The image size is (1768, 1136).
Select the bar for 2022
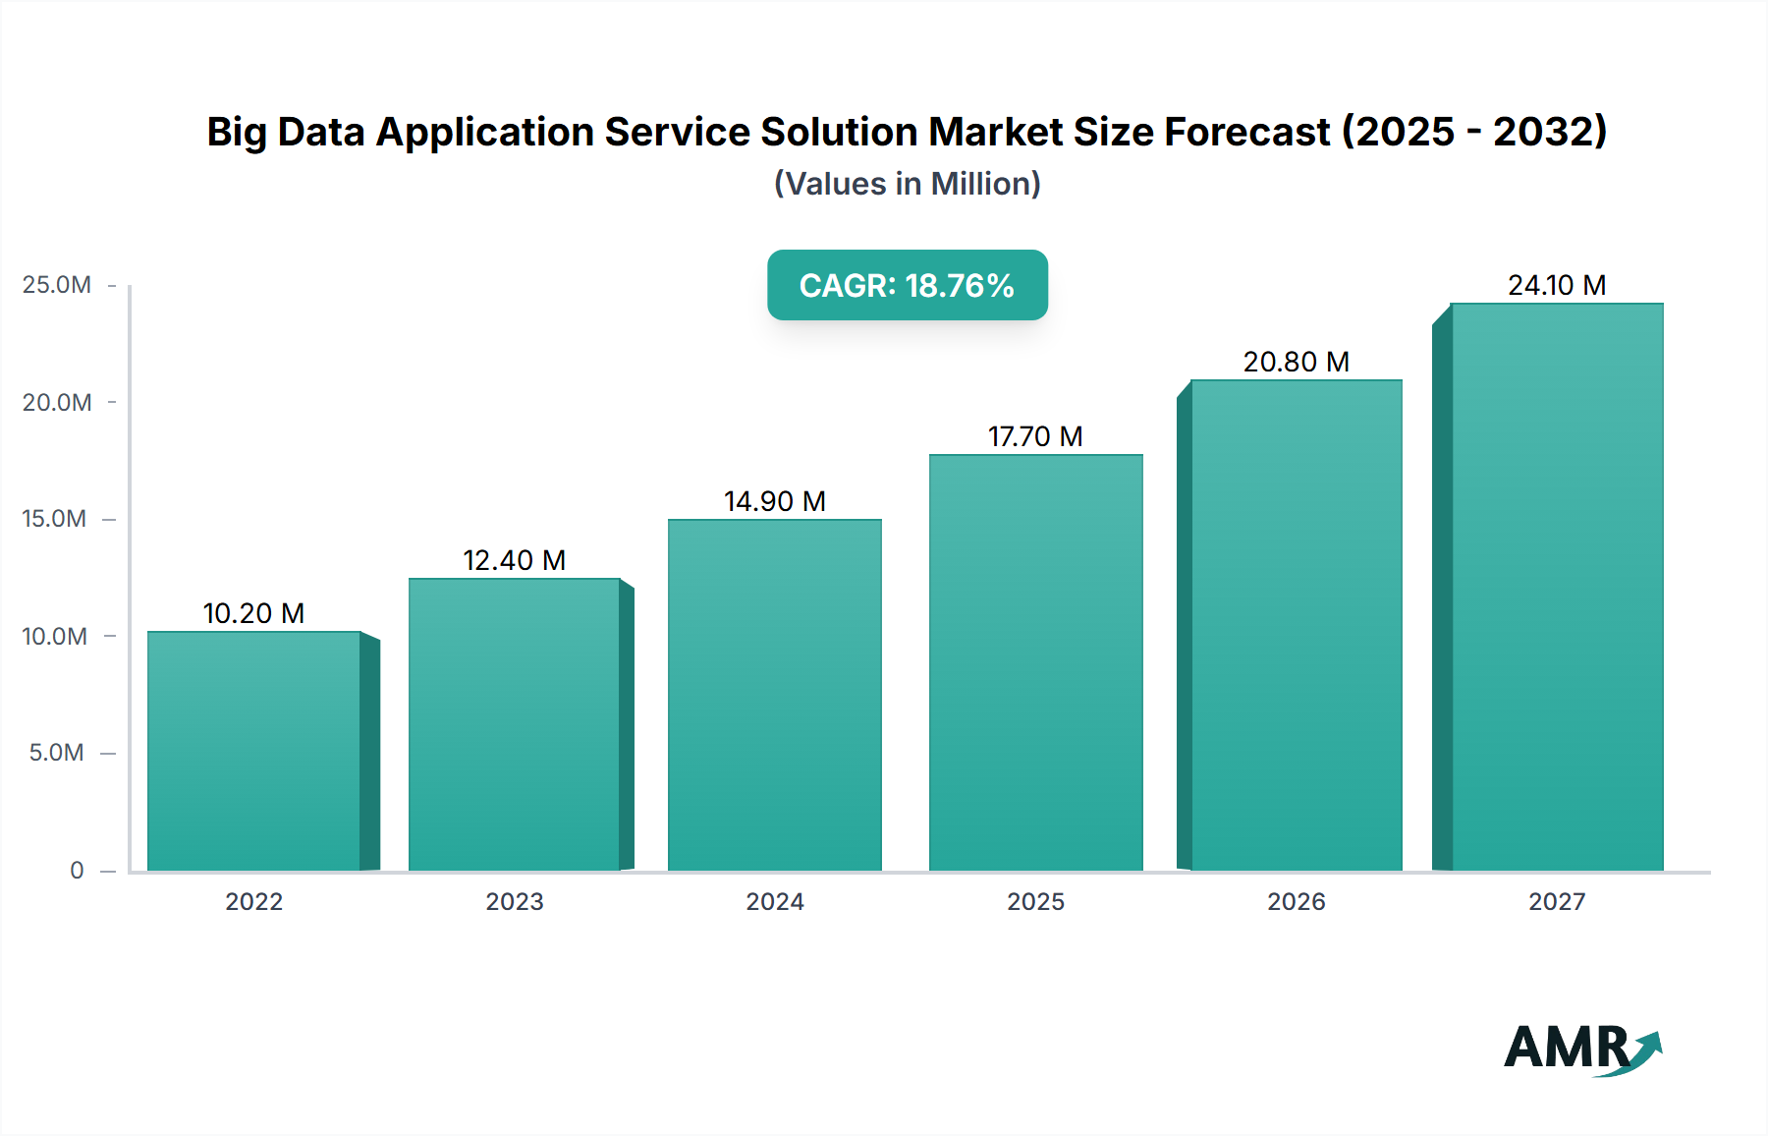point(253,752)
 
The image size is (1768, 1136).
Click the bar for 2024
point(774,695)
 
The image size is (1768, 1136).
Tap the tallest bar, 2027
point(1557,587)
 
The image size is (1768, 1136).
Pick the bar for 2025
point(1035,662)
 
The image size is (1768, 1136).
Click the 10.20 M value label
point(253,613)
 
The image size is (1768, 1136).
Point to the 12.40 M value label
point(514,560)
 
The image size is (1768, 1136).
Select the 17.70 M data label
point(1035,436)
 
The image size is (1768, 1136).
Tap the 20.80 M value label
point(1296,362)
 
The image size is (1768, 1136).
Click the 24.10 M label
point(1557,285)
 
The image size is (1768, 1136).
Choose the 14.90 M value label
point(774,501)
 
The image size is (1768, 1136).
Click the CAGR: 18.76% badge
point(907,285)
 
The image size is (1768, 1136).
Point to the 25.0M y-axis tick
point(57,285)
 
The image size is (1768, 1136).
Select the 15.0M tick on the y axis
point(55,519)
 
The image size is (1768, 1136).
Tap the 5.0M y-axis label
point(57,753)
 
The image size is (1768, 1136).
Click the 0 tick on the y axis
point(77,870)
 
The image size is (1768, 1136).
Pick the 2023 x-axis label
point(514,901)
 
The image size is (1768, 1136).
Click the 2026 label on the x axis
point(1296,901)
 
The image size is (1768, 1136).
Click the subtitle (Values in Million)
point(907,184)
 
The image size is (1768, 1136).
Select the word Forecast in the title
point(1246,132)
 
